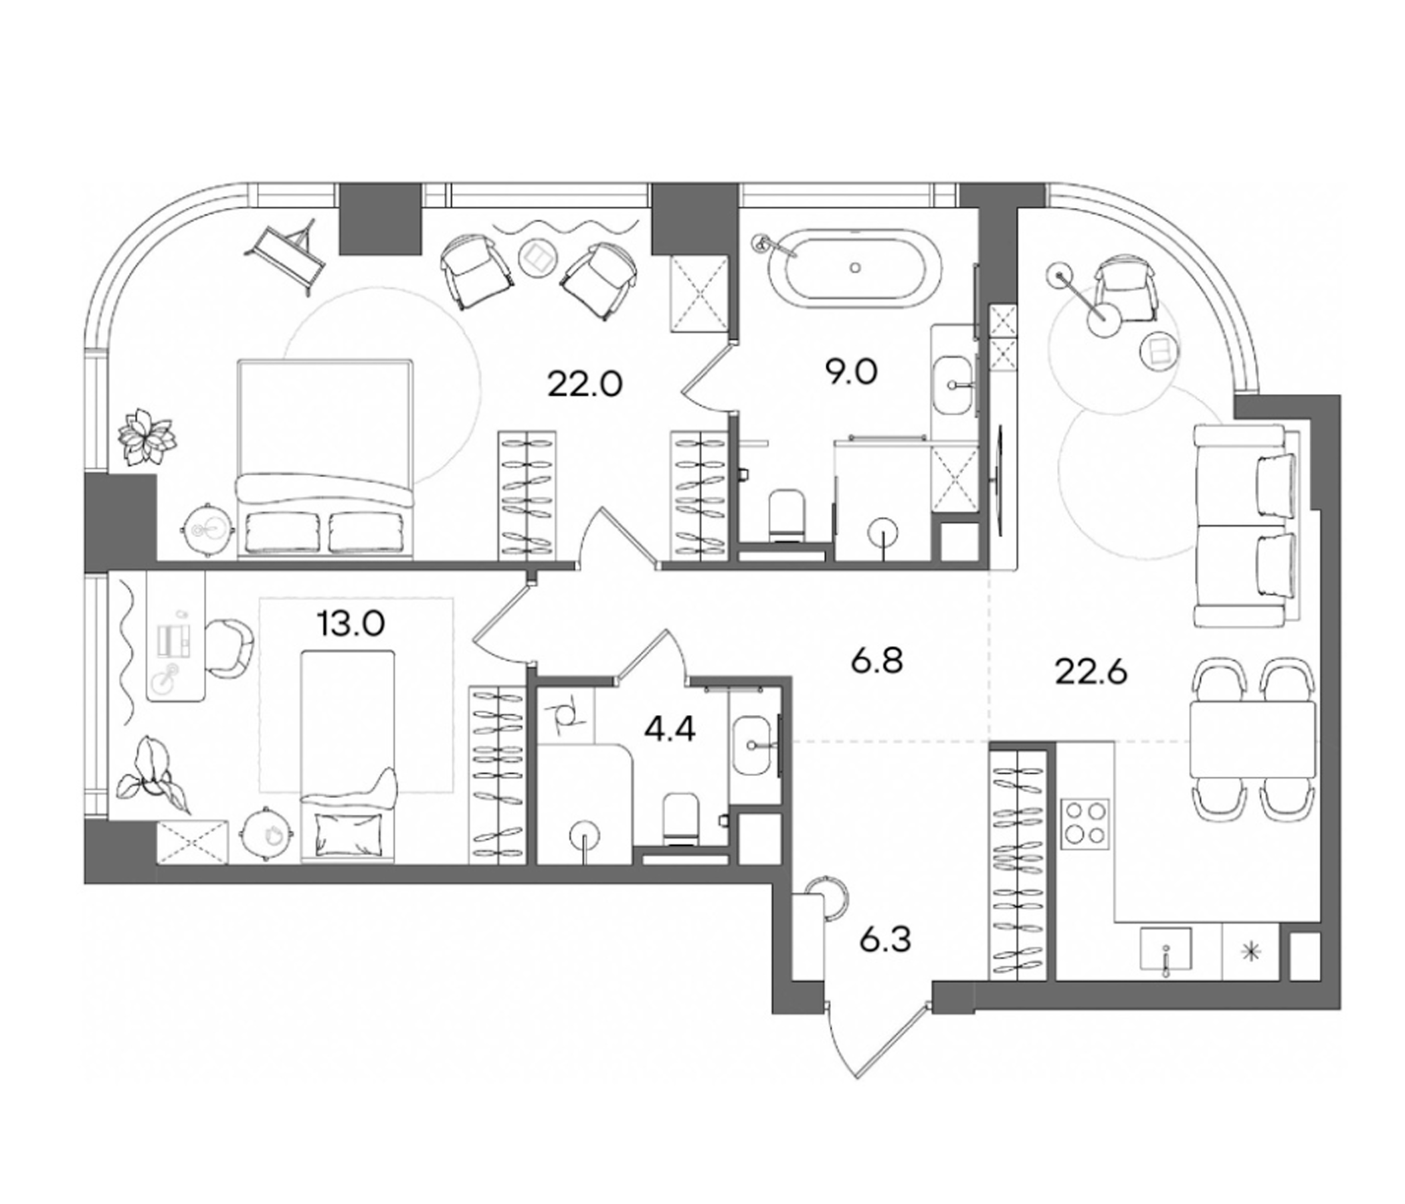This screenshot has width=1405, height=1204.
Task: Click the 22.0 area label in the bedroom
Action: click(x=585, y=386)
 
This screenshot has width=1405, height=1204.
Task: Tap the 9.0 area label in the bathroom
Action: click(x=851, y=372)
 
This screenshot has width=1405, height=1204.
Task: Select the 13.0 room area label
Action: click(x=351, y=622)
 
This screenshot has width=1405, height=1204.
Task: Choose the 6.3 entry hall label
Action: click(x=886, y=940)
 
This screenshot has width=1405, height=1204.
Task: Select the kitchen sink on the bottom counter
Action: click(x=1165, y=952)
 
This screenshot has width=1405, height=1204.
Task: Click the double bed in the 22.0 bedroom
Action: click(x=324, y=460)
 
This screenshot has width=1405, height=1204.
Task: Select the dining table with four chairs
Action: click(x=1252, y=740)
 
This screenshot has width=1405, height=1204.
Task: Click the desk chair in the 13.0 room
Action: click(x=231, y=648)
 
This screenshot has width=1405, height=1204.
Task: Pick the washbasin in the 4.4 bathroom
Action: click(x=753, y=745)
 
